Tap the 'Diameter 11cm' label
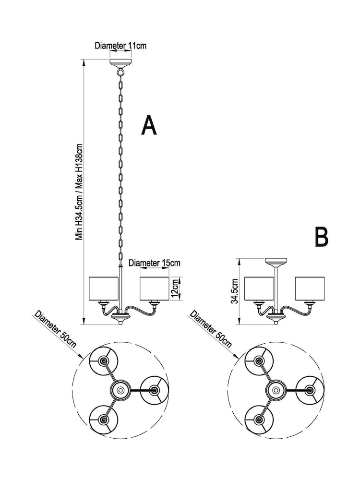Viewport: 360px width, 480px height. coord(120,46)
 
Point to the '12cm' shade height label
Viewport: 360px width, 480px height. coord(175,288)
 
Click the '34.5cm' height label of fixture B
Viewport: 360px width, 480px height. coord(235,292)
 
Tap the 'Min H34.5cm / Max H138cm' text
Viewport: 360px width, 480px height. coord(80,192)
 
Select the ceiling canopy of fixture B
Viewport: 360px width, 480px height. coord(276,262)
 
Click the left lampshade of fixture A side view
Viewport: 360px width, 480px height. coord(104,288)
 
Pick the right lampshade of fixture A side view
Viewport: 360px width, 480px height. coord(154,288)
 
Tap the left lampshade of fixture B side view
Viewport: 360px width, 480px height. coord(260,288)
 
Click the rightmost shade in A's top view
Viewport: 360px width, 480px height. coord(155,390)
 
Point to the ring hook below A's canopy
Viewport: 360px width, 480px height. coord(120,73)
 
